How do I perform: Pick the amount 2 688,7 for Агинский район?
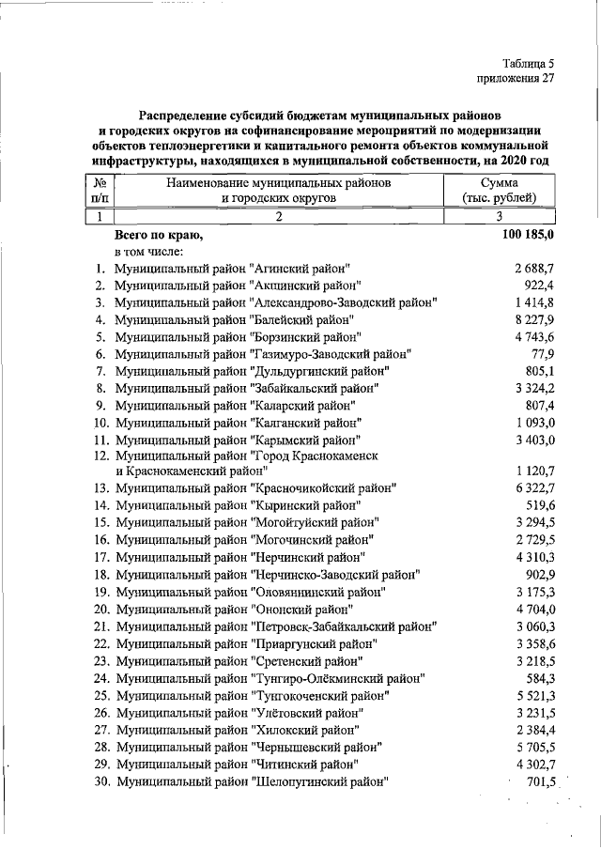tap(535, 268)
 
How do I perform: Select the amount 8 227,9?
tap(535, 319)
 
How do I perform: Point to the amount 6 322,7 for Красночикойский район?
tap(535, 488)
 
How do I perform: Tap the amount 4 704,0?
tap(535, 608)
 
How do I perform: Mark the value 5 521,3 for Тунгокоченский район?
tap(535, 695)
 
